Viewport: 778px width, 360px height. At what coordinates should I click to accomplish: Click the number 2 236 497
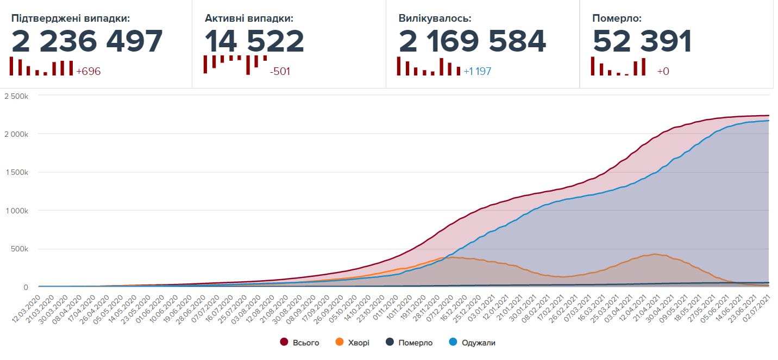coord(87,41)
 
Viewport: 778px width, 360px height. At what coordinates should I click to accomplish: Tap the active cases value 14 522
coord(254,41)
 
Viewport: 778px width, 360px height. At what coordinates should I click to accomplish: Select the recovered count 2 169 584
coord(472,41)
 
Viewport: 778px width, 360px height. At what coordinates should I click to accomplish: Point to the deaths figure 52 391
coord(642,41)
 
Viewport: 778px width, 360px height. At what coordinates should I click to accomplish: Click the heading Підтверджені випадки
coord(71,18)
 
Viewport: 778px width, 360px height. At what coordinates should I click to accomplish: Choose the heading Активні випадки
coord(249,18)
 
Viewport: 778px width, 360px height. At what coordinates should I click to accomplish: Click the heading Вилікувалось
coord(435,18)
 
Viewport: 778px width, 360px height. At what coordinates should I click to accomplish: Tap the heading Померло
coord(617,18)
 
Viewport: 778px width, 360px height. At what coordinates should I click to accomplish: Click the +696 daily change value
coord(89,71)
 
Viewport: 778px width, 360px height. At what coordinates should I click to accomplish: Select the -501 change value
coord(280,71)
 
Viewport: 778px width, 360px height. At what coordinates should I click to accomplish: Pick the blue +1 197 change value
coord(478,71)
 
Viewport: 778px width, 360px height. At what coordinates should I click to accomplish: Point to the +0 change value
coord(663,71)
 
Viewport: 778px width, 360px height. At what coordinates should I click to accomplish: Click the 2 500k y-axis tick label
coord(16,96)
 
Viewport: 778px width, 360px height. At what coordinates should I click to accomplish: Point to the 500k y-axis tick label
coord(19,249)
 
